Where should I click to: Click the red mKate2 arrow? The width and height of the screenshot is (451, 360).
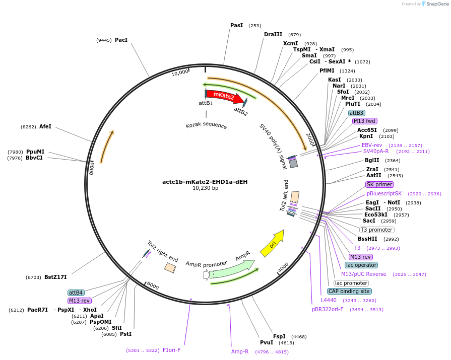(x=223, y=96)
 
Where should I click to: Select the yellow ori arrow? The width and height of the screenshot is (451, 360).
(x=272, y=243)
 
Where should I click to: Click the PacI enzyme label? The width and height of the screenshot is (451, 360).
(x=121, y=40)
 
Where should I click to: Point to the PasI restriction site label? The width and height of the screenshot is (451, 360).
(x=236, y=25)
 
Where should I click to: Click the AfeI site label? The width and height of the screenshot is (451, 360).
(x=45, y=127)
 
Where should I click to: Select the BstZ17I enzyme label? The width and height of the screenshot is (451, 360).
(x=55, y=277)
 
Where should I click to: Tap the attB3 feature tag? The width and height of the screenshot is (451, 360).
(x=357, y=113)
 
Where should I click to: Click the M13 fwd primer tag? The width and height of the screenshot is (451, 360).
(x=364, y=121)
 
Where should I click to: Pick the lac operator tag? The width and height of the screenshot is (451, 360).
(x=361, y=265)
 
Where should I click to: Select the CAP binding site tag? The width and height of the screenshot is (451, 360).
(x=349, y=291)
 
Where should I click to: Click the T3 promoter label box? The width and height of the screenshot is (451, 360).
(x=376, y=230)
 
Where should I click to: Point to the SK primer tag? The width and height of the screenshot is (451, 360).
(x=379, y=184)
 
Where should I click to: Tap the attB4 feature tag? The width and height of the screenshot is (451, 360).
(x=76, y=293)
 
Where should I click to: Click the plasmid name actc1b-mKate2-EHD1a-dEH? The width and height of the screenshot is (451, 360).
(x=205, y=182)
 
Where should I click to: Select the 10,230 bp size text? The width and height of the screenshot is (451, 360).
(x=205, y=188)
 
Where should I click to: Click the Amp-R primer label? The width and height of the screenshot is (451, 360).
(x=240, y=351)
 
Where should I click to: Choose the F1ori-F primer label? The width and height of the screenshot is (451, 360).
(x=171, y=350)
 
